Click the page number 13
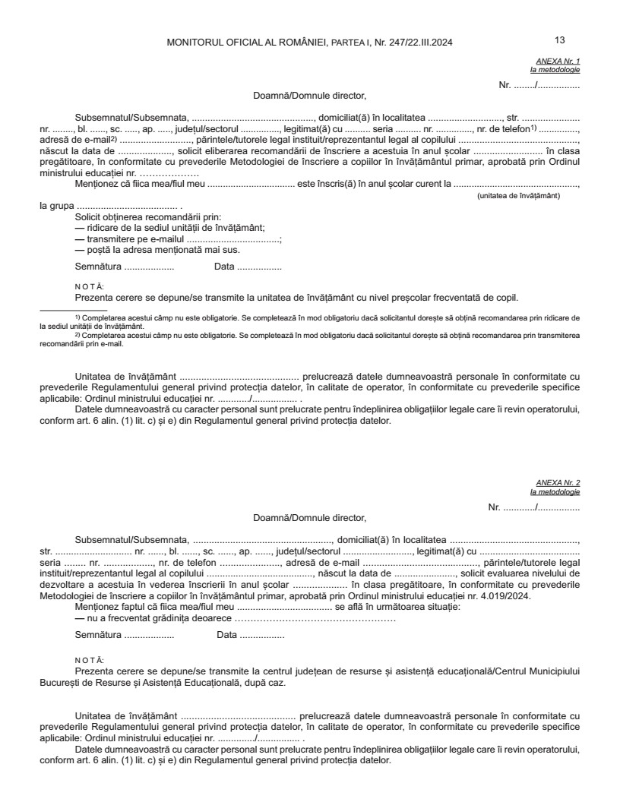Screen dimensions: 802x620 tap(560, 40)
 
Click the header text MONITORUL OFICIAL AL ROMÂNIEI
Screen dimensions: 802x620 tap(247, 42)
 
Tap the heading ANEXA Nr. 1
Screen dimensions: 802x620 tap(558, 60)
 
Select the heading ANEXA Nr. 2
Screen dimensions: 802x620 tap(558, 483)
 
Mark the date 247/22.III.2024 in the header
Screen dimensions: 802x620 tap(417, 42)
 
